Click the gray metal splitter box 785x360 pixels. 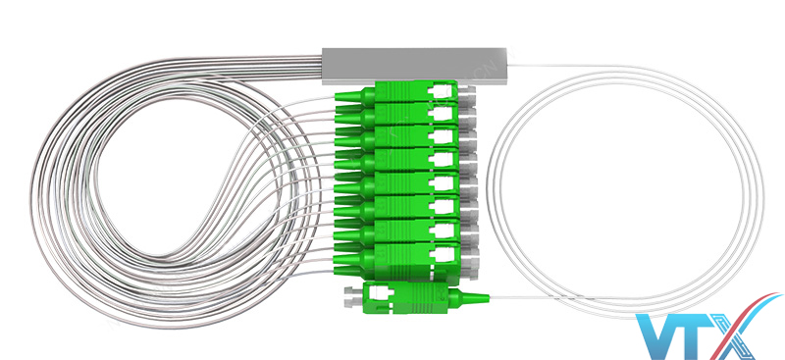pyautogui.click(x=414, y=66)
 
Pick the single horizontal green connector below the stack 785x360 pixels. pyautogui.click(x=416, y=296)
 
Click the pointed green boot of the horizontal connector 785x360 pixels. pyautogui.click(x=470, y=298)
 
